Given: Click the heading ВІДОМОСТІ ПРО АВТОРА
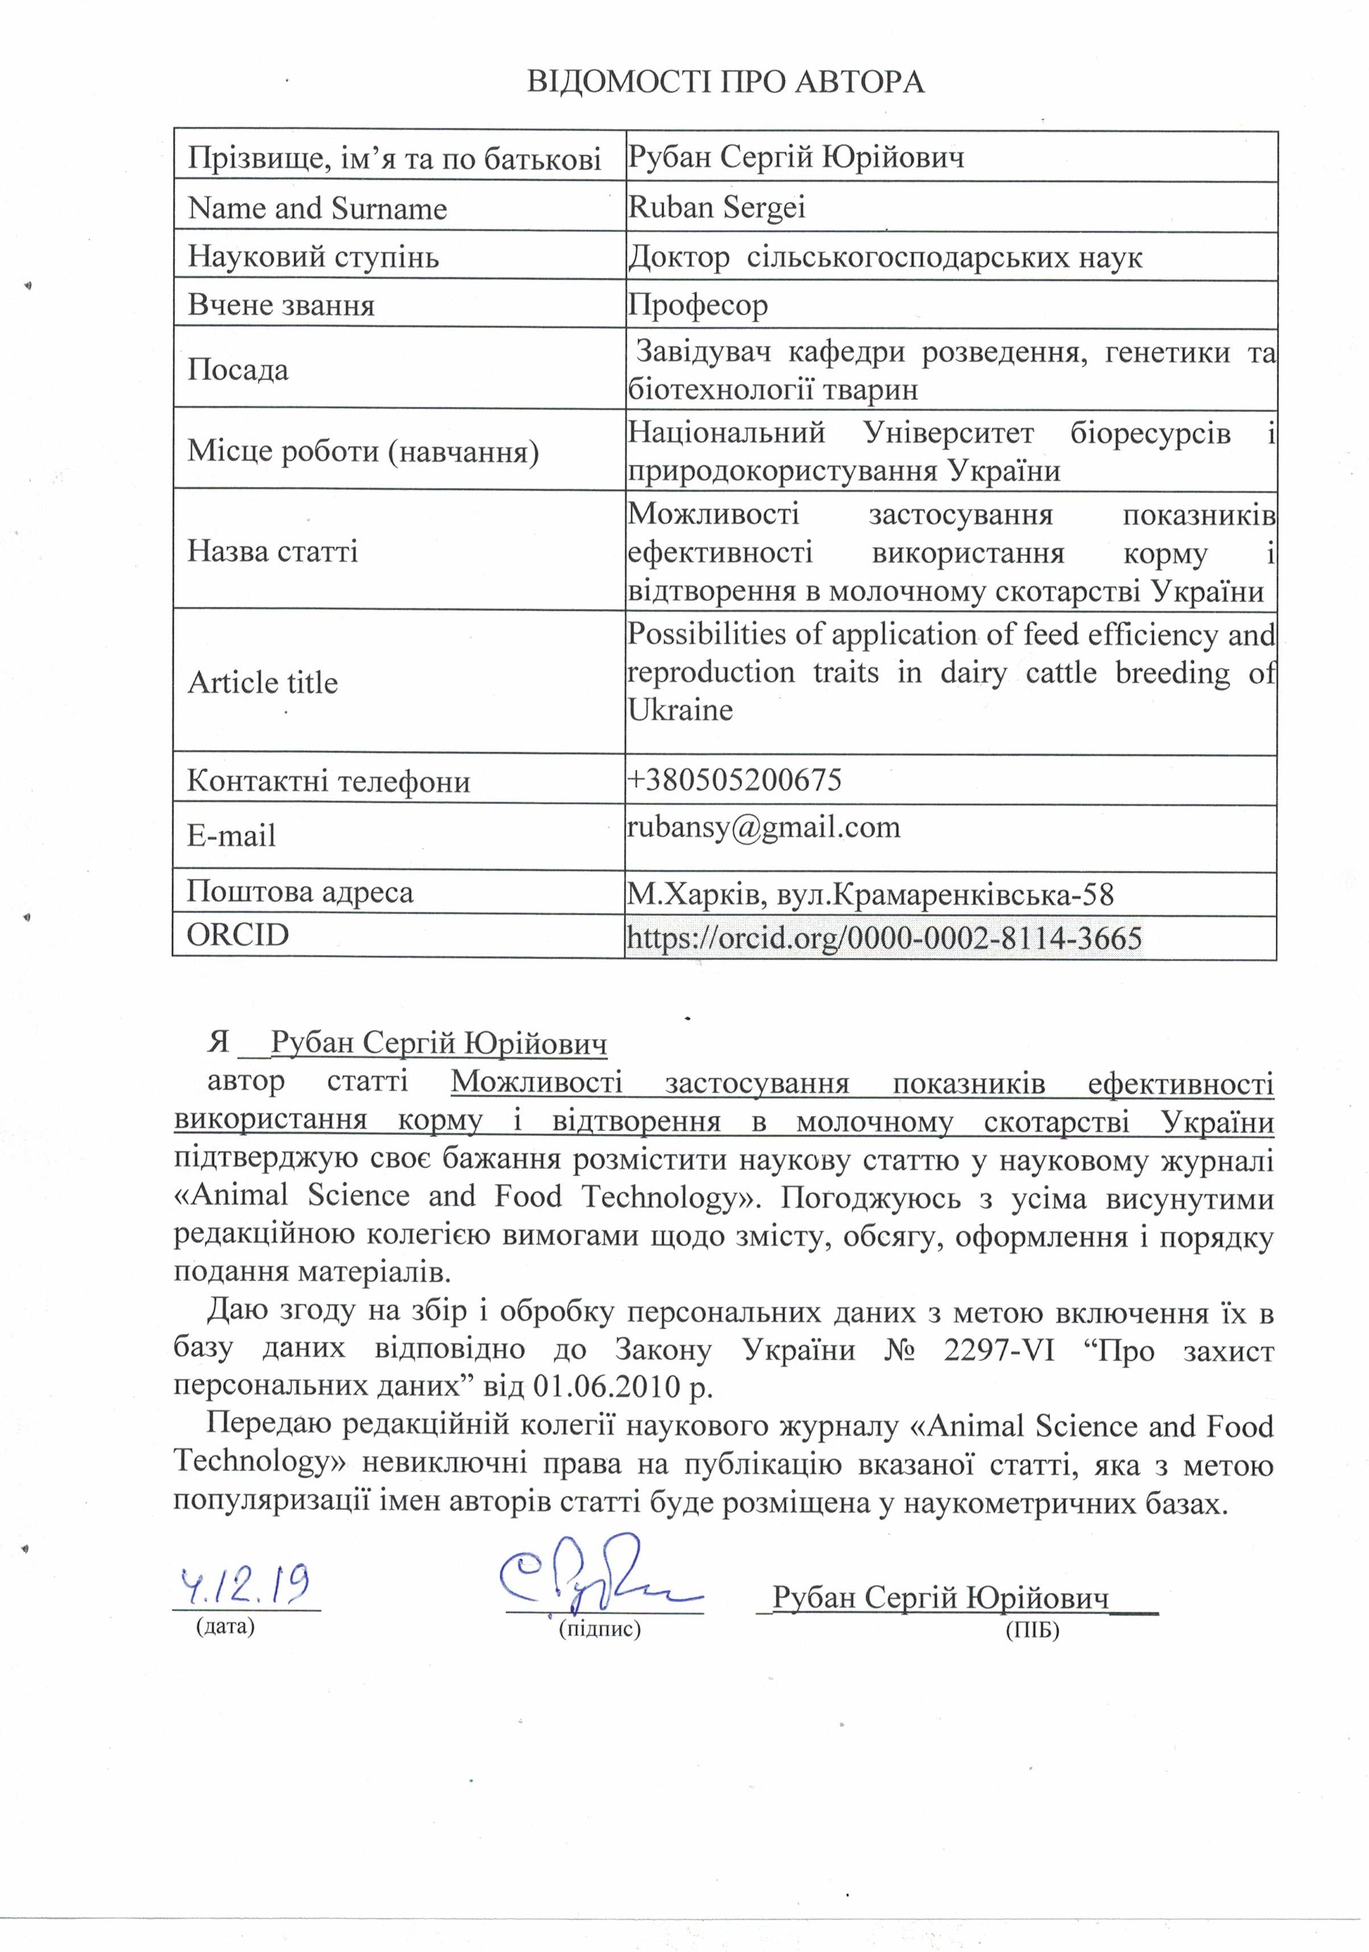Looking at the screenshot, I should point(725,82).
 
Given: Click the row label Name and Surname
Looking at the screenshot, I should point(317,208).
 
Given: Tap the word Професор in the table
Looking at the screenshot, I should point(697,305).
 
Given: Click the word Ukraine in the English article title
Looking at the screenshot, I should point(680,710).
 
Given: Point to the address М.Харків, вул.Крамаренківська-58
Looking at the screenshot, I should point(870,894).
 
